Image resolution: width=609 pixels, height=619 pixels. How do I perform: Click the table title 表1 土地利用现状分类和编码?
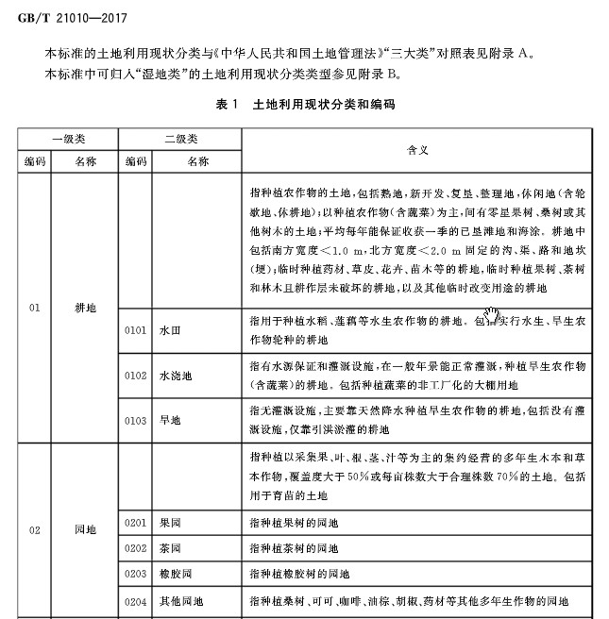pos(304,105)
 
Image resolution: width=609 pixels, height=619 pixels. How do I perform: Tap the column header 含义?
pos(418,149)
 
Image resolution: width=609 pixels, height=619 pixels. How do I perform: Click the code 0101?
pos(135,332)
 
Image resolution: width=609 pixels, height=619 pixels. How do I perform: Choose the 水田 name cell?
pos(170,332)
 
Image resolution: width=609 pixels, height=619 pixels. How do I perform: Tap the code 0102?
pos(135,376)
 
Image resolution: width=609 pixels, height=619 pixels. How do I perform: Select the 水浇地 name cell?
pos(176,376)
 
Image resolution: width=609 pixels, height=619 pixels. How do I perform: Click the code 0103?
pos(135,420)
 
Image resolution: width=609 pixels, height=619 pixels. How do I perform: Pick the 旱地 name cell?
pos(170,420)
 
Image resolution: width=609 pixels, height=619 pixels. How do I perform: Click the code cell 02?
pos(35,530)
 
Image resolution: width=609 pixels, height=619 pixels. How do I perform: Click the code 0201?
pos(135,522)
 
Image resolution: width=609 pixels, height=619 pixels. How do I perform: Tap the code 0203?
pos(135,573)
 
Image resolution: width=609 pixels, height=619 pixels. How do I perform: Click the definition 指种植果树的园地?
pos(294,522)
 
